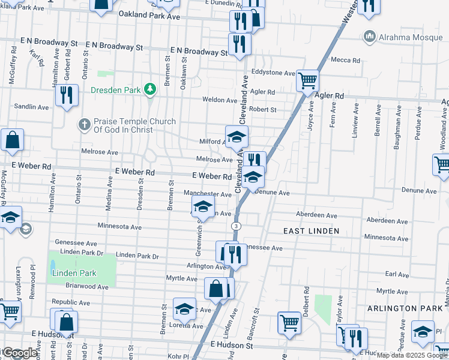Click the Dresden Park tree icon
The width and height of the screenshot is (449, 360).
150,91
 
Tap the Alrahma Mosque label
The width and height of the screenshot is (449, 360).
401,37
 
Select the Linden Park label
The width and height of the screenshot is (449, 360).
74,273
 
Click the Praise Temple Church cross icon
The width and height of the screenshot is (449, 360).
84,125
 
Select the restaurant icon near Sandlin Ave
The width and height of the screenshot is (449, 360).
66,94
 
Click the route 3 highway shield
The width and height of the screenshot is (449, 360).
238,226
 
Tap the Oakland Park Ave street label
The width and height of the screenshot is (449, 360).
149,16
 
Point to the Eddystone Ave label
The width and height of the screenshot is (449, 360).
274,73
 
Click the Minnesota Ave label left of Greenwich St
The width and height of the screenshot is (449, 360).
120,227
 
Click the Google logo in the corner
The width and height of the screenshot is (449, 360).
20,353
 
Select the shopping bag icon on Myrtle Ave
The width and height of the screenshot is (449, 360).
216,288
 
